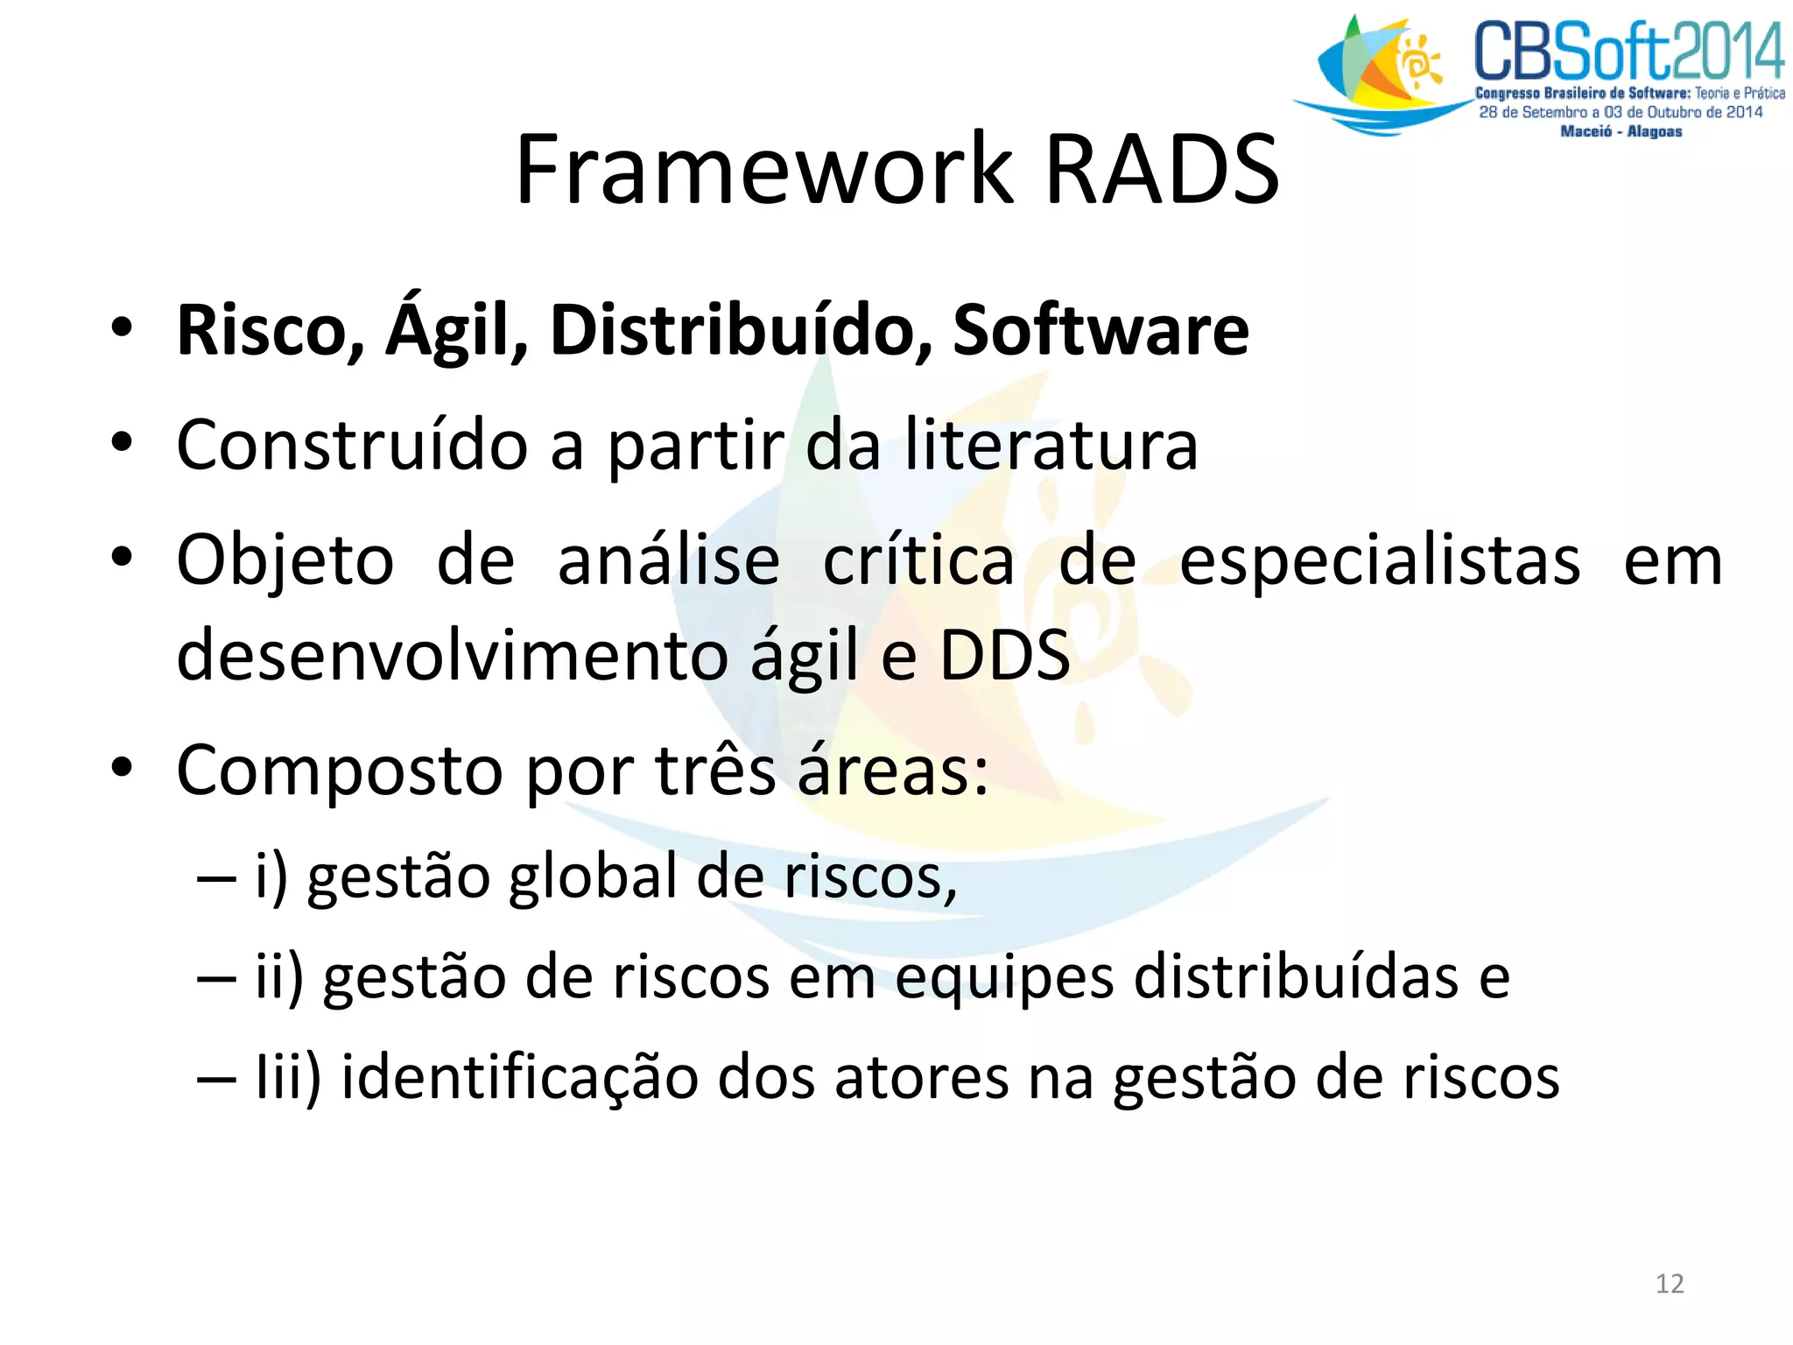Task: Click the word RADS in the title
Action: (1163, 169)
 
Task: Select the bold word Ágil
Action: (457, 331)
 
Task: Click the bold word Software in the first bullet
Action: (1100, 331)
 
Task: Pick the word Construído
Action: (352, 446)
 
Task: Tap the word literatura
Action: (1051, 446)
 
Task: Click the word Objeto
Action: (285, 561)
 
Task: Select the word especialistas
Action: (1380, 561)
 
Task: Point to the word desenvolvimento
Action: (451, 655)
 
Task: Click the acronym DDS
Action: (1005, 655)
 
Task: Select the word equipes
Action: (1004, 978)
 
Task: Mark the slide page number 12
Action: (1670, 1284)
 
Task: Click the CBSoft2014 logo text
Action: (1628, 53)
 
